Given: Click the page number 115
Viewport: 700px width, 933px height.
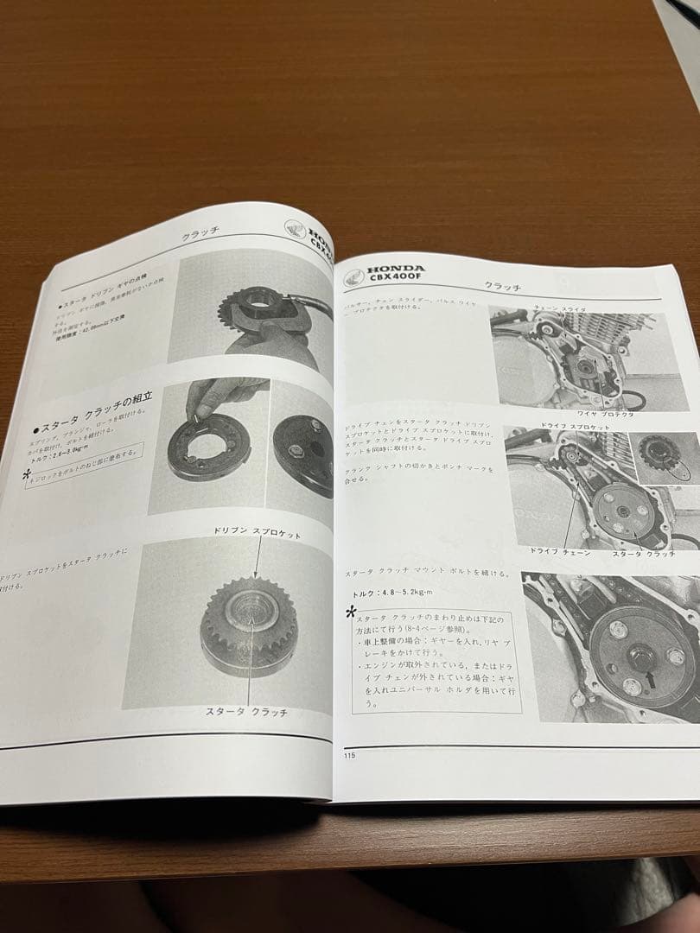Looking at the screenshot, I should click(348, 756).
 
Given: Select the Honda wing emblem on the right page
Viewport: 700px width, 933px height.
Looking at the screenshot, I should click(353, 276).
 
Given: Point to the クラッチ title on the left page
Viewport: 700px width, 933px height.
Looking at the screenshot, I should click(200, 237).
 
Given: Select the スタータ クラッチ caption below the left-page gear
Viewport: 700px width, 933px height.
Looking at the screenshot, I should click(246, 712).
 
